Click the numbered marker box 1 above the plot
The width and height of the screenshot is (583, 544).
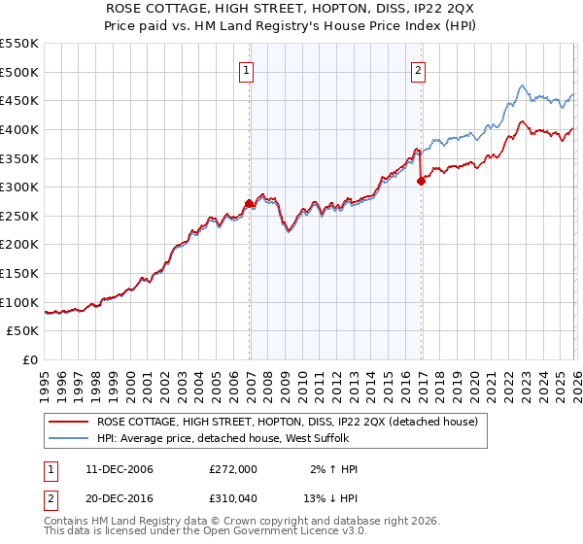248,70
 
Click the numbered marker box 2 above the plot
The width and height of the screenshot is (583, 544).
418,70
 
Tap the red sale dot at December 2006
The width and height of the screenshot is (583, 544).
250,203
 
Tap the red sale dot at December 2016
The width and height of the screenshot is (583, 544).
421,181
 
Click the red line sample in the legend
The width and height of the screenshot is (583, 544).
69,423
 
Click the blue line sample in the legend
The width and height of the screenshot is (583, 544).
69,438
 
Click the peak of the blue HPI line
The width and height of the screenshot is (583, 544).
522,85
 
